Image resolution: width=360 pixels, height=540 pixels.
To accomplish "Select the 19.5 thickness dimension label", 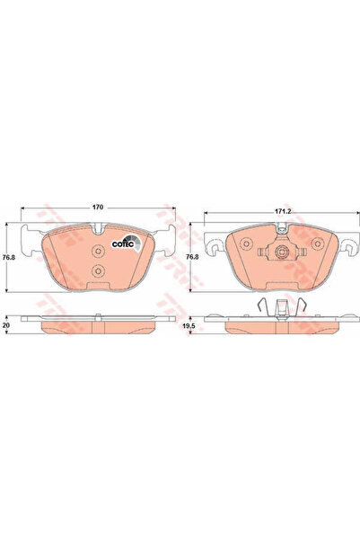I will (x=188, y=328).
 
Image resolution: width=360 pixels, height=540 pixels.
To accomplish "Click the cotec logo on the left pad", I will (x=122, y=241).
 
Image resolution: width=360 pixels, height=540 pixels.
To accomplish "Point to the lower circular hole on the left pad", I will (x=99, y=272).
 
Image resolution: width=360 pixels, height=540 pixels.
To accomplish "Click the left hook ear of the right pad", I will (x=215, y=243).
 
